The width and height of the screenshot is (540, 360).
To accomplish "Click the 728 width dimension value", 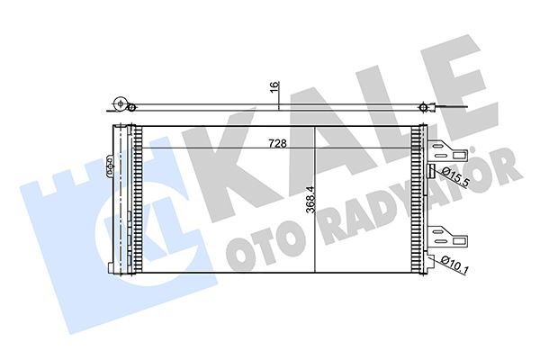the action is tap(277, 143).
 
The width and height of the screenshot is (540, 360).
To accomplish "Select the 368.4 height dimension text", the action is tap(310, 200).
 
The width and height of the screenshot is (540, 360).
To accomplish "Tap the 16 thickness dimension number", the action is tap(274, 86).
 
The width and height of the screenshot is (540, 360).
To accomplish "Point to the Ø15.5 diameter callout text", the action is tap(455, 176).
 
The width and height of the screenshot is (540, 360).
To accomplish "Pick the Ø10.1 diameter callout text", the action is tap(454, 265).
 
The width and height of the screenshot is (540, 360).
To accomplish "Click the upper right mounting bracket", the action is tap(447, 150).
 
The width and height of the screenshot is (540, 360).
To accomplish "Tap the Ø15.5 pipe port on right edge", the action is tap(430, 171).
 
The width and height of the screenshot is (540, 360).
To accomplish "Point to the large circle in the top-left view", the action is tap(121, 103).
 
